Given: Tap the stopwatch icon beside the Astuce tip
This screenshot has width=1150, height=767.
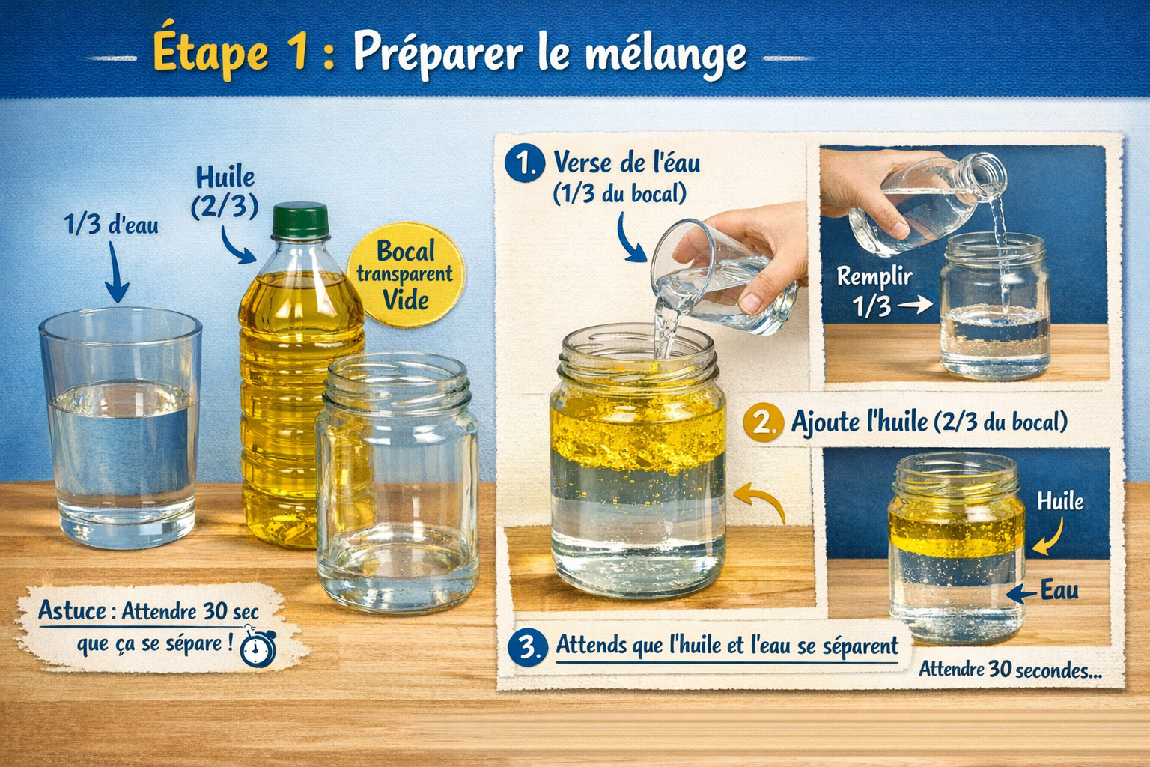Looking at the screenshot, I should (258, 649).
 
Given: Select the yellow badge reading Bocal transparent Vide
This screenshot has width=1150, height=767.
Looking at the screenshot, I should (405, 275).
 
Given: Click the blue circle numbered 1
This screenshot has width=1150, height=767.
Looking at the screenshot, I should (524, 163).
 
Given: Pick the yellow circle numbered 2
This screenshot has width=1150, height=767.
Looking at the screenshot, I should (762, 422).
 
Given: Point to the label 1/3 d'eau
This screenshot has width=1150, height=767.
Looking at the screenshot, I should (112, 224).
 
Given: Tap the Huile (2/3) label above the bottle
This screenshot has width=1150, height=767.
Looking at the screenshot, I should (225, 192).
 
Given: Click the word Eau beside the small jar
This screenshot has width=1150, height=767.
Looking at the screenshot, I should (1059, 590).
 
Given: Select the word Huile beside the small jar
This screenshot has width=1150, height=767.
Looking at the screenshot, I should (1060, 501).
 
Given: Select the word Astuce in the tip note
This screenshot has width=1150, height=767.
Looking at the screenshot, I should (73, 611).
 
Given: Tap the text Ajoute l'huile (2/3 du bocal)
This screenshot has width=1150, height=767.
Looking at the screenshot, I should (929, 422).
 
